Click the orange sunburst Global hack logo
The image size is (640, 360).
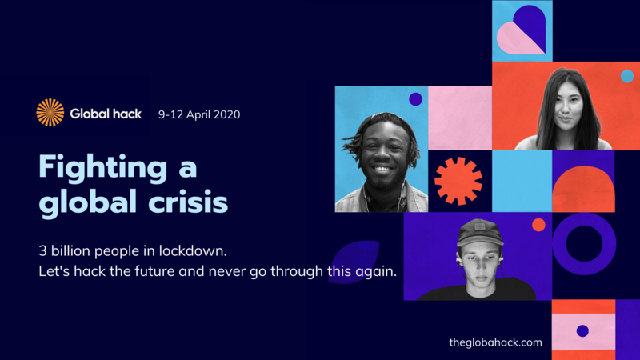[x=50, y=113]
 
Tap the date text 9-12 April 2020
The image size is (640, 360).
[x=199, y=114]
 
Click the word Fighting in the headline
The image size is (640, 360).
[x=103, y=168]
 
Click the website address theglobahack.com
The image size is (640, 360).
[x=495, y=342]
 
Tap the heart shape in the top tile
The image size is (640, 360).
[x=522, y=30]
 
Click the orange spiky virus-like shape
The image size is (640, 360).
[x=458, y=181]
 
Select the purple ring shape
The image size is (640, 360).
[x=584, y=244]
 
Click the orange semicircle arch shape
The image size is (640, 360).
[x=583, y=189]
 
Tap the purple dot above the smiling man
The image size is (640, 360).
[x=415, y=99]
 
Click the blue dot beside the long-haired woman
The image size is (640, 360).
[x=627, y=76]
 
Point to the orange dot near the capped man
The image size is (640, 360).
[x=538, y=225]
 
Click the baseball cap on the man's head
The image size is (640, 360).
[x=480, y=232]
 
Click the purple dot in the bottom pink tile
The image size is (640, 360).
[x=582, y=330]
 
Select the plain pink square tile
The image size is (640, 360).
[x=460, y=118]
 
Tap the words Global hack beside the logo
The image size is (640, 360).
[x=106, y=114]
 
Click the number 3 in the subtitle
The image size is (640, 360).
[x=42, y=250]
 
